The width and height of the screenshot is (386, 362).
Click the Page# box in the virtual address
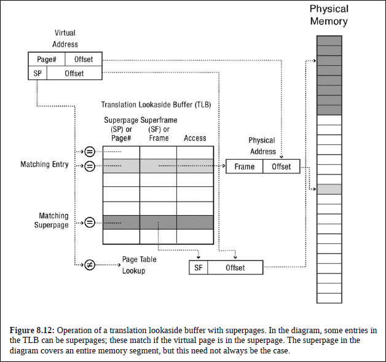(47, 60)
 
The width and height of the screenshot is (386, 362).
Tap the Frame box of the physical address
(244, 167)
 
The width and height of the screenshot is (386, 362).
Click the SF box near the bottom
(199, 267)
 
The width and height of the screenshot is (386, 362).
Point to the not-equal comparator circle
(90, 265)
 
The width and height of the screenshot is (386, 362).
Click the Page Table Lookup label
(139, 265)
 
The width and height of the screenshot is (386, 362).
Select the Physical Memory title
(328, 15)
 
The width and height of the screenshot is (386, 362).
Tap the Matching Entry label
(44, 165)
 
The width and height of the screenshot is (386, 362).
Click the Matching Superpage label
(53, 221)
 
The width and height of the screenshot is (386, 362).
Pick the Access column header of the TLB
(195, 138)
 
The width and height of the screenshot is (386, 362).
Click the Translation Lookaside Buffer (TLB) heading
(156, 105)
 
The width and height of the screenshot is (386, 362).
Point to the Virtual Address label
(65, 38)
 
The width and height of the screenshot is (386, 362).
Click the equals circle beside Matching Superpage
(90, 222)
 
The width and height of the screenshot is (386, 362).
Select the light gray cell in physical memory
(329, 189)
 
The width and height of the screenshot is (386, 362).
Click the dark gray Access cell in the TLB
(195, 222)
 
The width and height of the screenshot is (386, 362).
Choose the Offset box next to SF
(235, 267)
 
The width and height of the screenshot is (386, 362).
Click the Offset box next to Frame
(282, 167)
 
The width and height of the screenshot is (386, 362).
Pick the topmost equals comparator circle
(90, 152)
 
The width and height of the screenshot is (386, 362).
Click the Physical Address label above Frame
(262, 146)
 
